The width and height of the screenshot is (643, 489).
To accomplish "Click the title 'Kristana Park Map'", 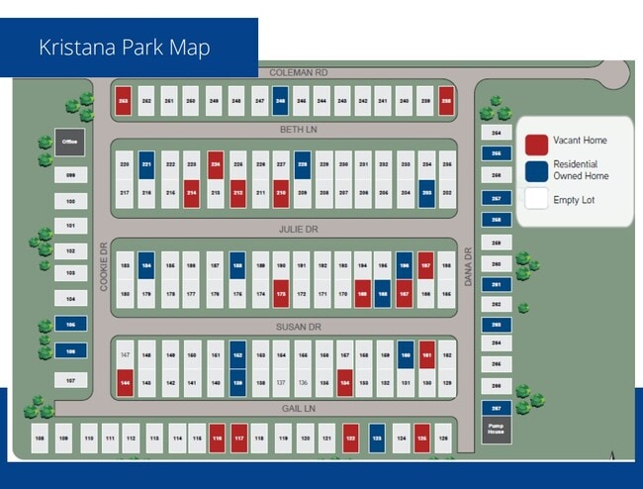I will (125, 48).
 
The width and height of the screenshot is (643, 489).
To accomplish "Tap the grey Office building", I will (69, 142).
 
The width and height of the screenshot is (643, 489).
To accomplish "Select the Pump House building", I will (496, 430).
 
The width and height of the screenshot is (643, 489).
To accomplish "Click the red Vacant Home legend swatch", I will (537, 145).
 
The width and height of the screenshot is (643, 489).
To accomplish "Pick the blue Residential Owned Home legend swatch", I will (537, 170).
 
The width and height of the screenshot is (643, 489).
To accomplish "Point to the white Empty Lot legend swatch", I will (537, 198).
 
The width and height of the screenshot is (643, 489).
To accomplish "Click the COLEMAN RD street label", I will (298, 72).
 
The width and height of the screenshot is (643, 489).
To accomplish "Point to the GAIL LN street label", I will (296, 408).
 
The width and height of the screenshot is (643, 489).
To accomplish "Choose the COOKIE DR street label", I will (103, 266).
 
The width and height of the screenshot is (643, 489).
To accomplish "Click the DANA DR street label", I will (469, 266).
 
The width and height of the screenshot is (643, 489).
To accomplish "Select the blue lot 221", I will (146, 164).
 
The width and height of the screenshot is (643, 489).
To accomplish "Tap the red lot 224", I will (215, 164).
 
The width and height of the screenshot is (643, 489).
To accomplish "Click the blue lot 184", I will (146, 266).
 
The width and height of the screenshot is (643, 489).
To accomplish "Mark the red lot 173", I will (282, 293).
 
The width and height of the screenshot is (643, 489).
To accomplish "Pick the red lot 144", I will (126, 382).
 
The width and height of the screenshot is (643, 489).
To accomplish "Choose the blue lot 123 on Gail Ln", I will (377, 437).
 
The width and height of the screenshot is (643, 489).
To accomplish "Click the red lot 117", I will (238, 437).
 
